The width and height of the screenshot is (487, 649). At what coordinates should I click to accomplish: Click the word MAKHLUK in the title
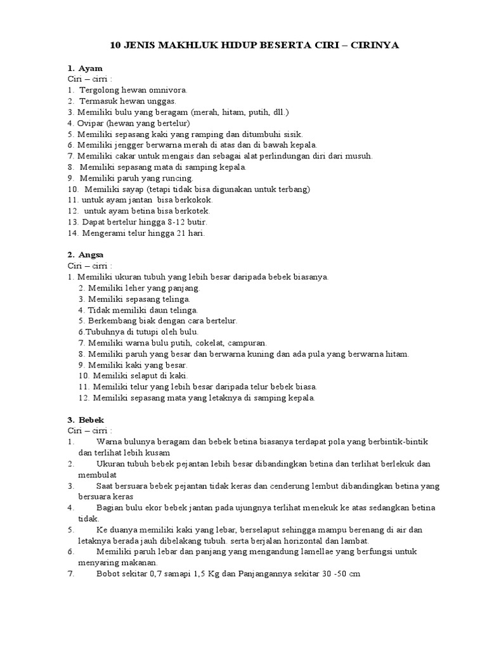[186, 46]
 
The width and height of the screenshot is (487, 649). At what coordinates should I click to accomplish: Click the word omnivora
[164, 90]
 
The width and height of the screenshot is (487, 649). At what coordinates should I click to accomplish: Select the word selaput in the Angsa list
[146, 375]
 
